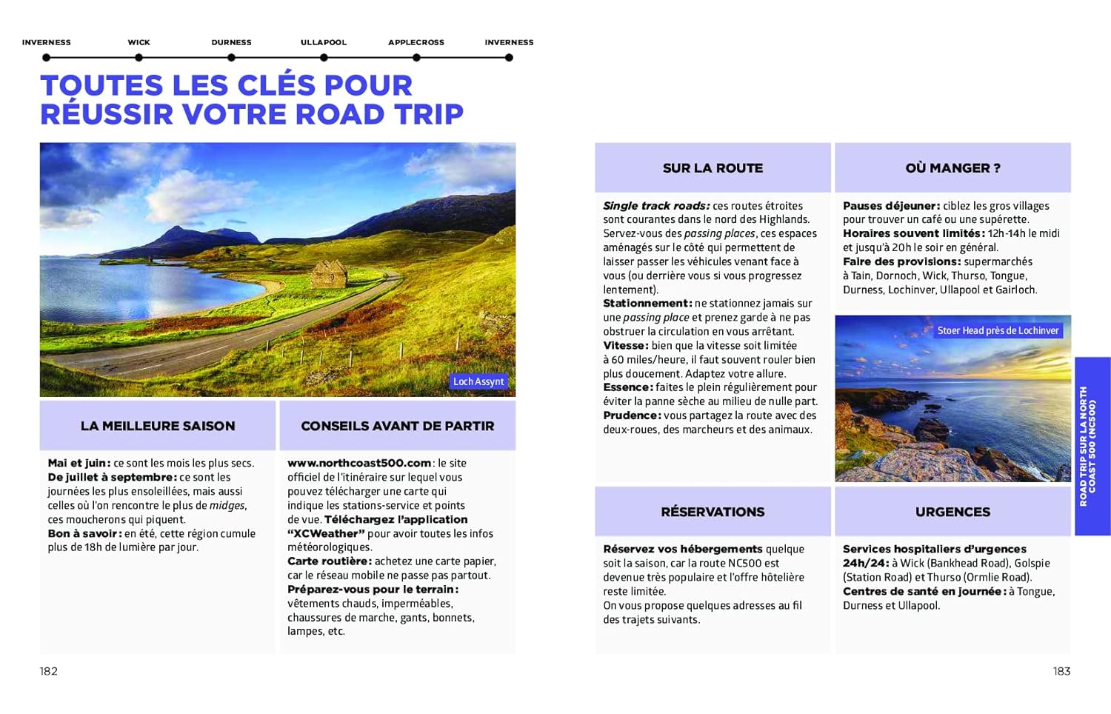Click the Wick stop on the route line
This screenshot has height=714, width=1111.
tap(139, 57)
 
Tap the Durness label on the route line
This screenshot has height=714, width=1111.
tap(231, 42)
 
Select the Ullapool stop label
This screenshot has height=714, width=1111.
tap(324, 42)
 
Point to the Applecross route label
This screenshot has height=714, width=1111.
tap(416, 42)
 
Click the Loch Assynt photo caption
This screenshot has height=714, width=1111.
tap(478, 381)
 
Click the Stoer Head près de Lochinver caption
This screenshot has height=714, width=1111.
tap(998, 330)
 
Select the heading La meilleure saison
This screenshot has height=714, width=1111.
tap(158, 426)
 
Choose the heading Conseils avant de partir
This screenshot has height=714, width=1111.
tap(397, 426)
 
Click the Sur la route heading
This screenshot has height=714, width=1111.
tap(713, 168)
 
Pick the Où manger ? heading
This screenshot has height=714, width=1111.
tap(952, 168)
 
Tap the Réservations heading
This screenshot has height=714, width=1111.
tap(713, 512)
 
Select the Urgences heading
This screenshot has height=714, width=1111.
tap(952, 512)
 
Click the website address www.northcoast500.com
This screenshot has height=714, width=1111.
tap(359, 463)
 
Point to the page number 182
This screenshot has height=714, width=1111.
tap(49, 671)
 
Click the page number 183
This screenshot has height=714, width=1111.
tap(1061, 671)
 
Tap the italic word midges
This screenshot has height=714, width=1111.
tap(227, 505)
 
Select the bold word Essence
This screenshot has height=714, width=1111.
tap(627, 387)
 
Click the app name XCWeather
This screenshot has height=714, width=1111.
tap(326, 533)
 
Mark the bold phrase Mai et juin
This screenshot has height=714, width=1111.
tap(78, 463)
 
